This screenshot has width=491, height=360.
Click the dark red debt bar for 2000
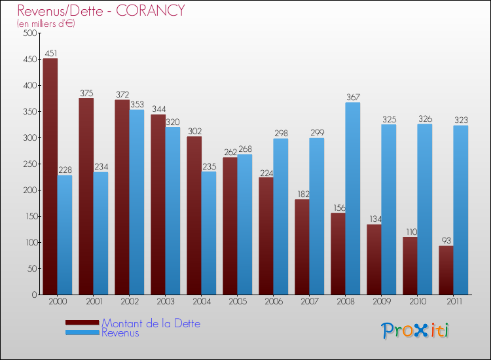[50, 177]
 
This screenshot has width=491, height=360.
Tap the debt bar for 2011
[446, 270]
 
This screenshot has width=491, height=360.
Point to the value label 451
[50, 54]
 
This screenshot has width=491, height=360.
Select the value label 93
[446, 240]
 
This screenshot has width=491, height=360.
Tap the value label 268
[245, 149]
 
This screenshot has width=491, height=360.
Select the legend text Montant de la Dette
[151, 323]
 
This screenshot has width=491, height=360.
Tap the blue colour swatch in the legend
[82, 333]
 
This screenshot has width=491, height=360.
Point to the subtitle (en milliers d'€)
[46, 24]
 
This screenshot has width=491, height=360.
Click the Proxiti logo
[416, 331]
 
